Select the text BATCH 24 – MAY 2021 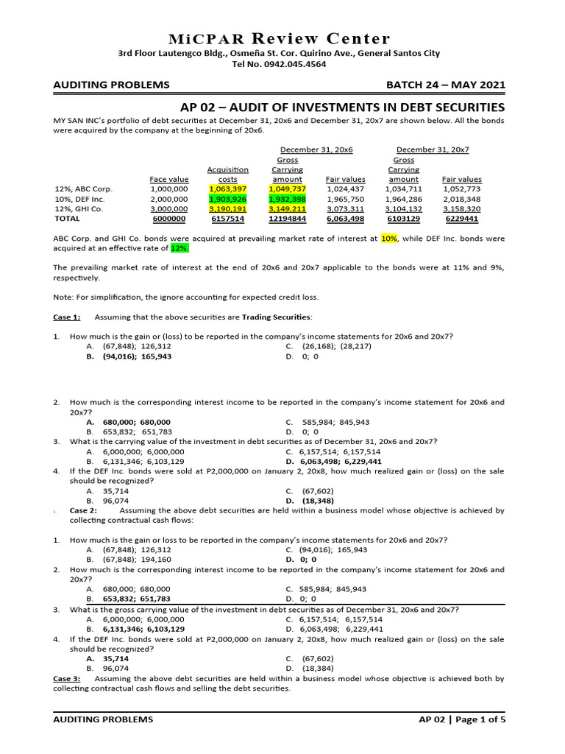click(x=449, y=85)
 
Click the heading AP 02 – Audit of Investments click(x=343, y=108)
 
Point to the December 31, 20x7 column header click(x=433, y=149)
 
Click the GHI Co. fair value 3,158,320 click(x=461, y=208)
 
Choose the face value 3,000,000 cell click(x=169, y=208)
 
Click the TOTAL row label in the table click(x=68, y=219)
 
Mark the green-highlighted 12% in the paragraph click(x=179, y=249)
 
